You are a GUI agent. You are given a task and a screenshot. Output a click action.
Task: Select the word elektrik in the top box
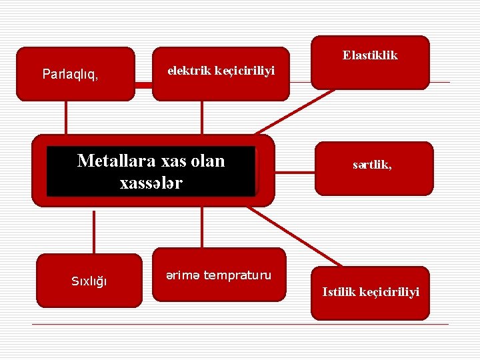coord(189,69)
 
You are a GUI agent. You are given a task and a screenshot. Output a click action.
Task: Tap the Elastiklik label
coord(370,55)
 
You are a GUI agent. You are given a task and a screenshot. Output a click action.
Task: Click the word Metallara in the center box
coord(114,161)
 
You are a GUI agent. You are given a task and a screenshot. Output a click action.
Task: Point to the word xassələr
coord(151,182)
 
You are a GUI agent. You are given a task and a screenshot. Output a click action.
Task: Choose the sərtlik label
coord(372,165)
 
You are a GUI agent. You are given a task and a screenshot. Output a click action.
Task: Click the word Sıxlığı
coord(89,281)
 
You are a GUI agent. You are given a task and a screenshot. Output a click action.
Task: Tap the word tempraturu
coord(237,275)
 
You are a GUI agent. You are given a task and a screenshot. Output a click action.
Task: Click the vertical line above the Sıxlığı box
coord(94,230)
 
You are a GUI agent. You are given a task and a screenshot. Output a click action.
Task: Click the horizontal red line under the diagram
coord(240,324)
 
